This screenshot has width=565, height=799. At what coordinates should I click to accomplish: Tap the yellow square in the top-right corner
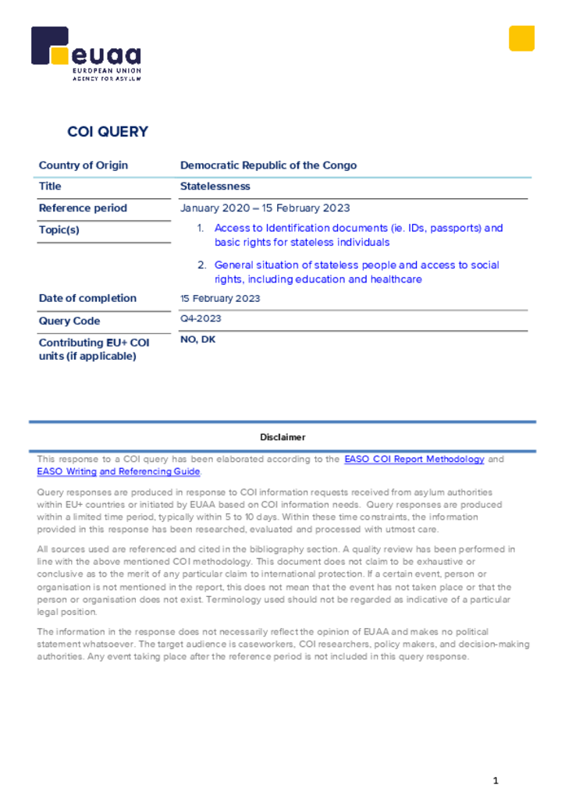521,38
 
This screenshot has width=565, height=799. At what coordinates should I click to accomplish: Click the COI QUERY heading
108,132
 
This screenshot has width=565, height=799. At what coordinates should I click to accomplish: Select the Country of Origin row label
84,165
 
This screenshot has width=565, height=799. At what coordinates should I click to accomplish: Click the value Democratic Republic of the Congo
268,165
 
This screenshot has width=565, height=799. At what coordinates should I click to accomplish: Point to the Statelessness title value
215,186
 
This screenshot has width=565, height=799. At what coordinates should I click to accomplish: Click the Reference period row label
83,208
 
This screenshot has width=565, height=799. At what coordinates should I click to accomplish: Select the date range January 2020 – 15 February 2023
265,208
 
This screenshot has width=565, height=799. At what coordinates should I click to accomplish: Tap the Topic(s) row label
59,230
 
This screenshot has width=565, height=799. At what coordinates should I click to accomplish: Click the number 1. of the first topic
201,229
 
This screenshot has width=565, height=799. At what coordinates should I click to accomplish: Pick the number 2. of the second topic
201,265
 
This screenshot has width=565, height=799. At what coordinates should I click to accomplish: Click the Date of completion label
87,298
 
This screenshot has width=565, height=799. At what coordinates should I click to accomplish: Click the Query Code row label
69,321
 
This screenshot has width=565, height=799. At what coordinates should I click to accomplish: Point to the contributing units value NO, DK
198,339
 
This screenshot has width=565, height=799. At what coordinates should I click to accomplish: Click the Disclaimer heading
282,437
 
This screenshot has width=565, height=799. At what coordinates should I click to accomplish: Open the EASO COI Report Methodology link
414,460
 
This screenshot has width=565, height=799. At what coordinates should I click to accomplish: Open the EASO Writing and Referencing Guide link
119,471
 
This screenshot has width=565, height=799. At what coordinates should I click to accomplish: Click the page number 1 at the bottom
496,780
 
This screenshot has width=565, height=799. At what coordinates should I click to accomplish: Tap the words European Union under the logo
107,71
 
